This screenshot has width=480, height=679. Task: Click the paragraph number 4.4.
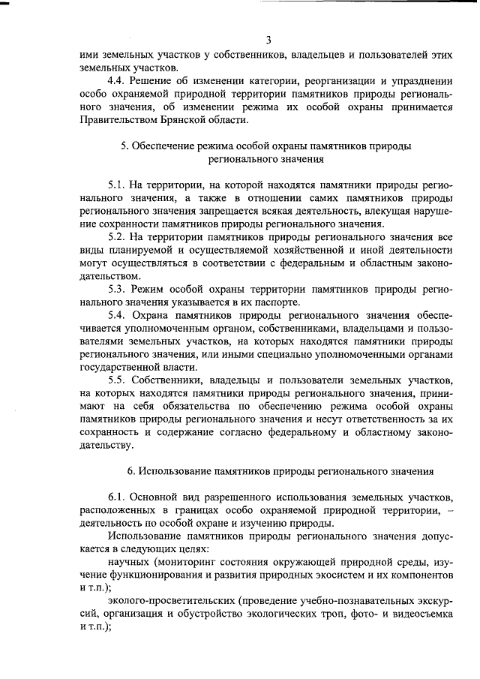coord(116,80)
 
